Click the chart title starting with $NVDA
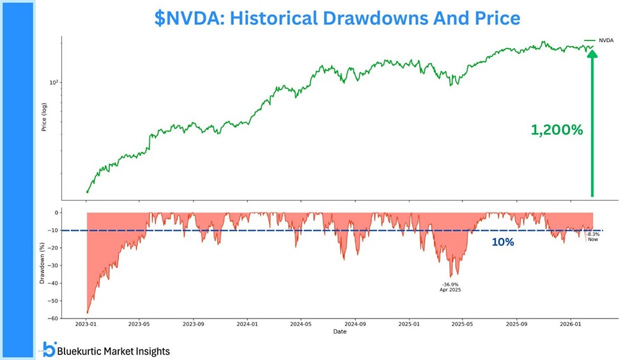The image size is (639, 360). [x=337, y=18]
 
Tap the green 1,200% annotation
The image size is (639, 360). [x=557, y=130]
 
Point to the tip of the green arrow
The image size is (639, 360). [x=592, y=51]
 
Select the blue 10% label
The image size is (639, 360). [x=503, y=242]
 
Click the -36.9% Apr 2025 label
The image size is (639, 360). [x=450, y=287]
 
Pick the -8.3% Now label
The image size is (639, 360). [x=592, y=237]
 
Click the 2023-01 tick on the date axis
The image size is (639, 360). [x=87, y=324]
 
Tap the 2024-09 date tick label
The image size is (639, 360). [x=356, y=324]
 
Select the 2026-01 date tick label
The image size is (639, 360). [x=571, y=324]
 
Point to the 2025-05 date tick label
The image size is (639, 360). [x=463, y=324]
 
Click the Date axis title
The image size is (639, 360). [x=339, y=332]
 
